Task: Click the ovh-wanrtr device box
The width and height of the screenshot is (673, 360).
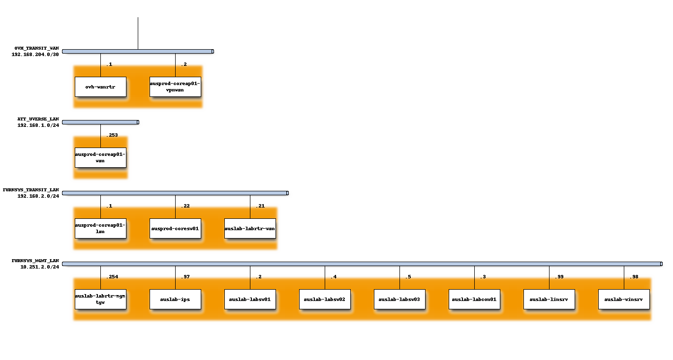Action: tap(100, 87)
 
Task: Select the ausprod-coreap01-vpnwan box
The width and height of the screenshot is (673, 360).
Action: tap(175, 87)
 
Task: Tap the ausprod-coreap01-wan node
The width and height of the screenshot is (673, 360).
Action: tap(100, 157)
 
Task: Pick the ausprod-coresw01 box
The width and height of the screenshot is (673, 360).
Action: tap(175, 228)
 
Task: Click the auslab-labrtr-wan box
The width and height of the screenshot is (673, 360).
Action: tap(250, 228)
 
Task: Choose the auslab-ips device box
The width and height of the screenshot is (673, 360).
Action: tap(175, 299)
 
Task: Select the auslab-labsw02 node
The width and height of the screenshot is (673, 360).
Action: tap(325, 299)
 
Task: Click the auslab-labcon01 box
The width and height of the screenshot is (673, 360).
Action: tap(474, 299)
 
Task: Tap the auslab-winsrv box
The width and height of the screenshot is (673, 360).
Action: tap(624, 299)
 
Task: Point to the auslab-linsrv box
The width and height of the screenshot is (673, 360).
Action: tap(549, 299)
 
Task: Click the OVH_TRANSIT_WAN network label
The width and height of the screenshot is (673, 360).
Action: tap(37, 48)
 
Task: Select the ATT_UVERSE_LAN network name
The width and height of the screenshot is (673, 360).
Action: tap(38, 119)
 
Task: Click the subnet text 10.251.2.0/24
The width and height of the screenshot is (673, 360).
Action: tap(39, 267)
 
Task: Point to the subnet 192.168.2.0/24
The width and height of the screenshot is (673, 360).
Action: tap(38, 196)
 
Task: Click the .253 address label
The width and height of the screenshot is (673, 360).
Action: tap(112, 135)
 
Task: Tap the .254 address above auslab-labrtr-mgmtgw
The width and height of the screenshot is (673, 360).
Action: tap(112, 277)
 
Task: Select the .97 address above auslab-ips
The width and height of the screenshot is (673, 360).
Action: tap(185, 277)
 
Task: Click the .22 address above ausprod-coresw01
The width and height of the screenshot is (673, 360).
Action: tap(185, 206)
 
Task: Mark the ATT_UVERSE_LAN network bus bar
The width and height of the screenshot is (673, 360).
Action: tap(100, 122)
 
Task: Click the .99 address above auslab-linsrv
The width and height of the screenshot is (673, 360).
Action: tap(559, 277)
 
